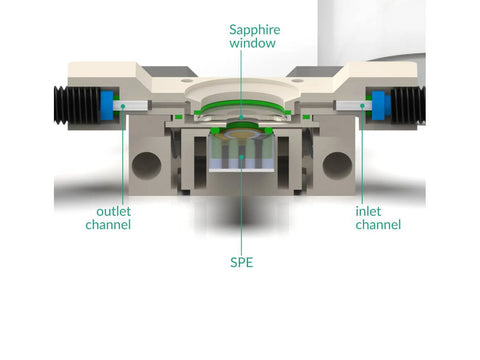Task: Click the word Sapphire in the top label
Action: tap(255, 30)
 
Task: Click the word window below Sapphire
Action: tap(252, 43)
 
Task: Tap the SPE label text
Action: tap(242, 262)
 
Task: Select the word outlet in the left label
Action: tap(113, 211)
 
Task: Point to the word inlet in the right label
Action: tap(368, 211)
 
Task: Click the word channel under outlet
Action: tap(108, 224)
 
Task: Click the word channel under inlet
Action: tap(378, 224)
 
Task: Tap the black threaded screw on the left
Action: tap(77, 105)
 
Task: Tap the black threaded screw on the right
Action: tap(408, 105)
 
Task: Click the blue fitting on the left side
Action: tap(107, 105)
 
